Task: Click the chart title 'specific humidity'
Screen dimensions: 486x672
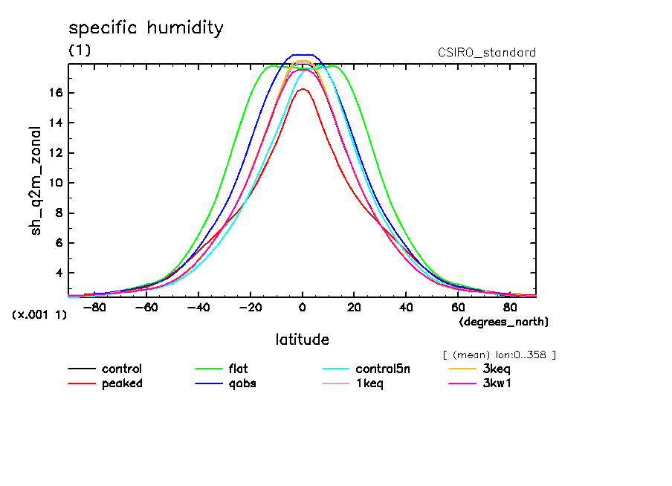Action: tap(146, 28)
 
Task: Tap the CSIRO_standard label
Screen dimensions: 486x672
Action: tap(487, 53)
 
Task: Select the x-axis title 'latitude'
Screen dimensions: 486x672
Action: tap(302, 340)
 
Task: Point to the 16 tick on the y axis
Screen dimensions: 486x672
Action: tap(57, 93)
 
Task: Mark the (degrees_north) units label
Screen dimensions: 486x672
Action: tap(503, 322)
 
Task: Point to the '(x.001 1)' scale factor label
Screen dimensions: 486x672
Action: tap(39, 314)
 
